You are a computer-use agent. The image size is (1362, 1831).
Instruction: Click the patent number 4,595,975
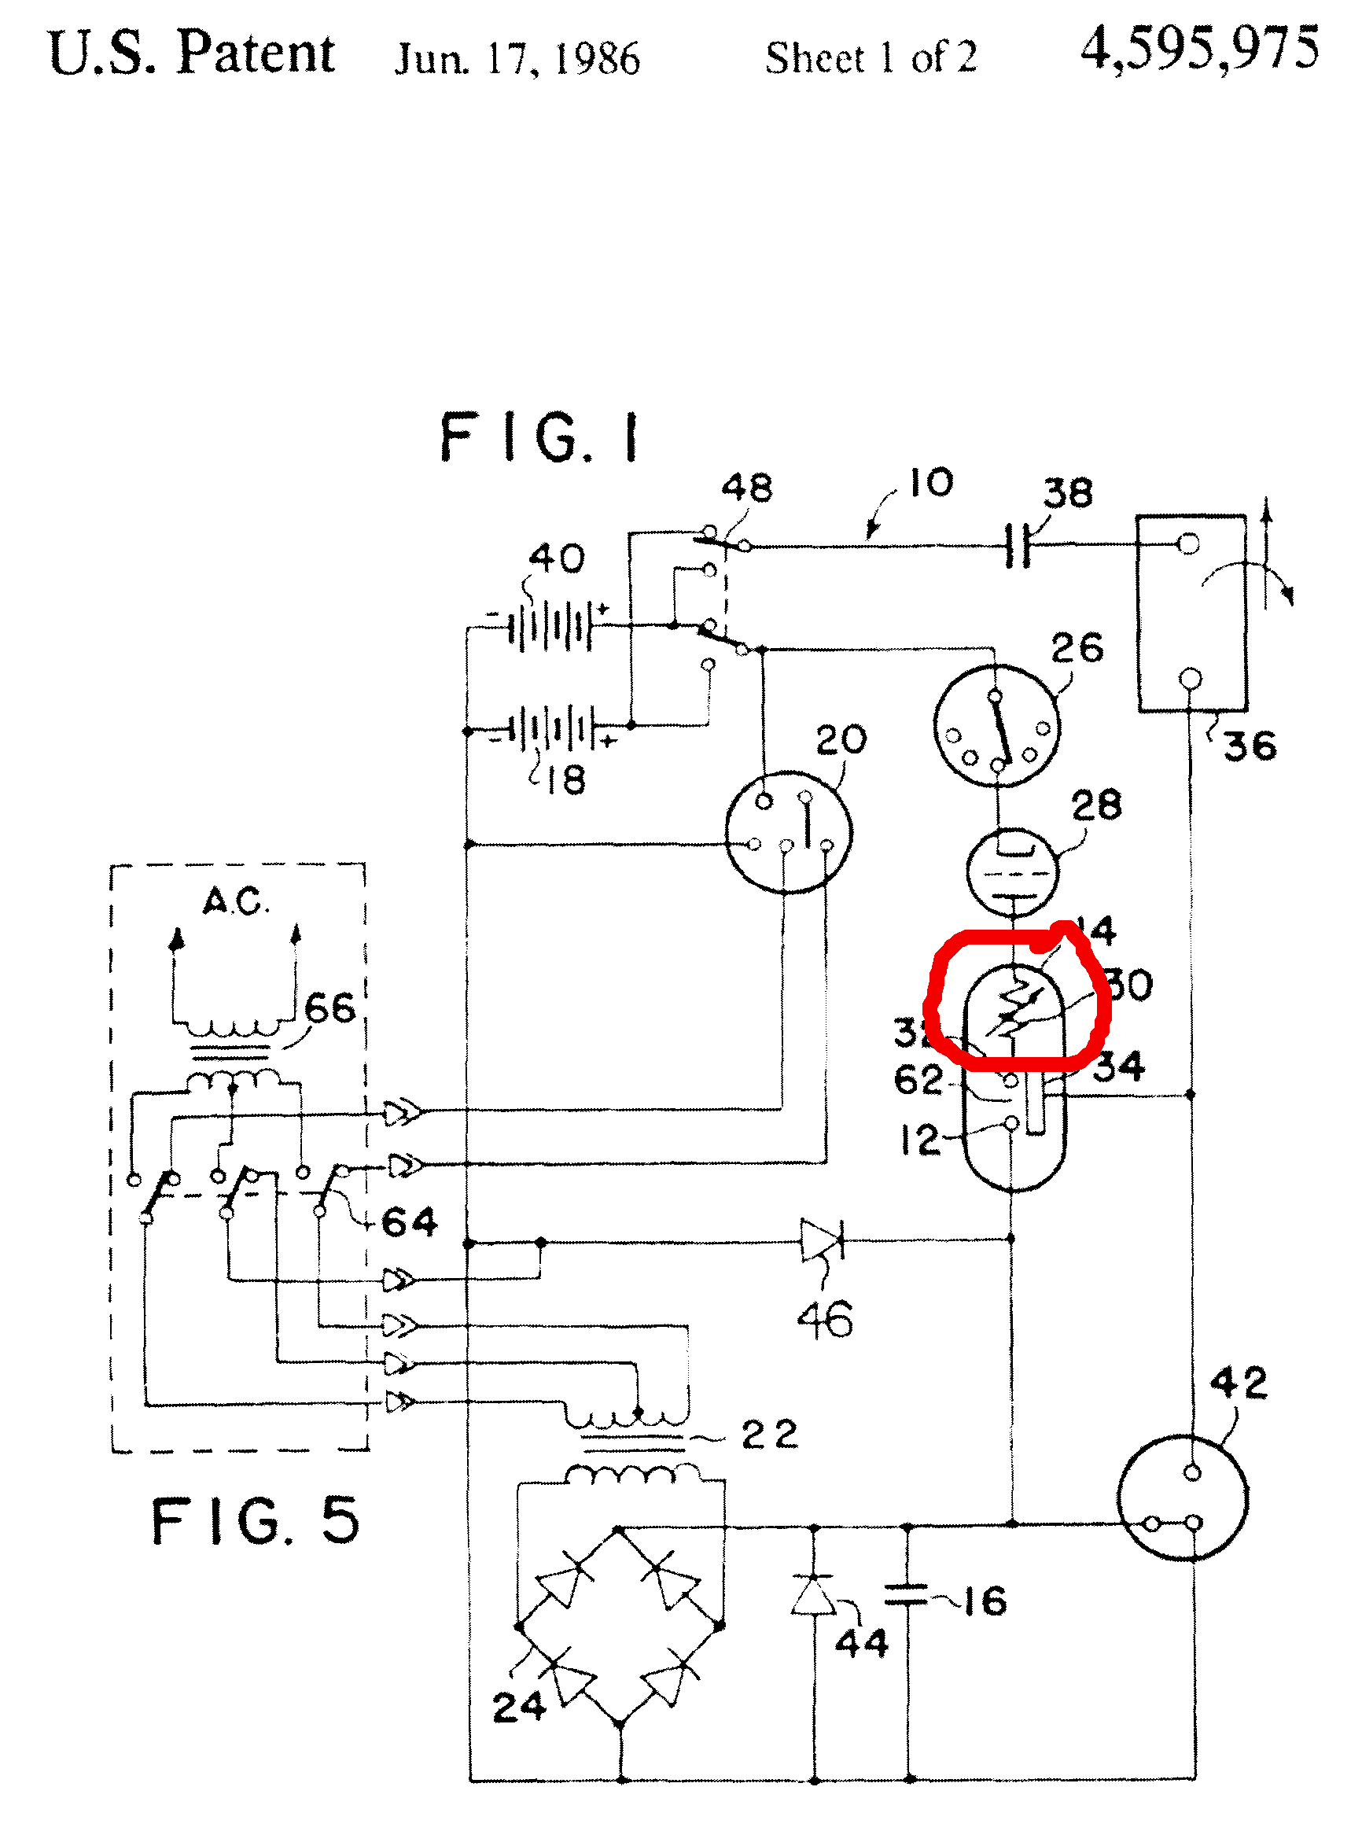1198,50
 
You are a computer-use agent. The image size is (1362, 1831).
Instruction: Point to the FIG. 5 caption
256,1521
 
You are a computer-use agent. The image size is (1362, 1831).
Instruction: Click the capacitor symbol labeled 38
1019,545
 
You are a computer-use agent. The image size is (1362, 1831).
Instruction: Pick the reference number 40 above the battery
558,559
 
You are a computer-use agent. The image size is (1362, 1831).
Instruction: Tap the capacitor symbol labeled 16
907,1595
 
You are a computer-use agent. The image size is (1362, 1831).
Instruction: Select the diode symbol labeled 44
814,1595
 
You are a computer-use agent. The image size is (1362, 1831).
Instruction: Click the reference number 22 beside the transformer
769,1435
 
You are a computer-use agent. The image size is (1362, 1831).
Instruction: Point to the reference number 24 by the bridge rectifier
518,1707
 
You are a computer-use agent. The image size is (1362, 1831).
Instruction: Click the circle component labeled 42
1183,1499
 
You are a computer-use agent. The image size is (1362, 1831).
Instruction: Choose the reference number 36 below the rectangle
1250,746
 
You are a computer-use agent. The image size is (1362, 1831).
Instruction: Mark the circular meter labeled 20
788,832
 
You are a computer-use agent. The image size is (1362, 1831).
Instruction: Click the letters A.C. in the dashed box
236,901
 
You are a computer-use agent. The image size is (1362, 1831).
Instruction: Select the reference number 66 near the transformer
329,1008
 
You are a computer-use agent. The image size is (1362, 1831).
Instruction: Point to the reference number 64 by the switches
410,1221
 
